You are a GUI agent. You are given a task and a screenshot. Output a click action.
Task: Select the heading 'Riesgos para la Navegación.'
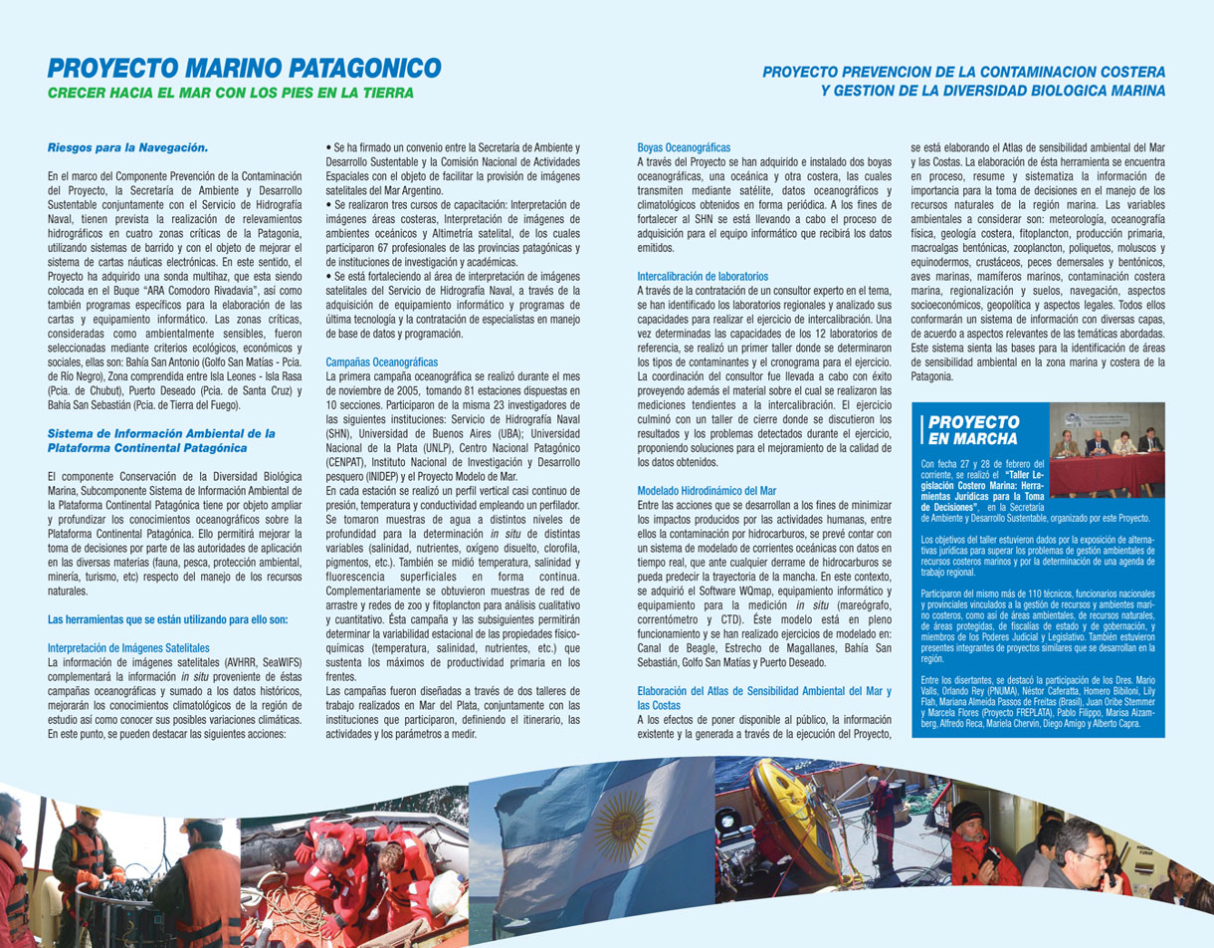point(128,148)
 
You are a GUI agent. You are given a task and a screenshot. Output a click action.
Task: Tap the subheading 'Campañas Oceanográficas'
point(381,361)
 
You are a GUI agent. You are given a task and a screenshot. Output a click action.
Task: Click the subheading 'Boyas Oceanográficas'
point(684,147)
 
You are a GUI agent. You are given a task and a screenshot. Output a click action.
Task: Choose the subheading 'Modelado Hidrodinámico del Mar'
point(707,490)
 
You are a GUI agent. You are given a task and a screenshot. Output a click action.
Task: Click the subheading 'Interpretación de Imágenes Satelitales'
point(128,647)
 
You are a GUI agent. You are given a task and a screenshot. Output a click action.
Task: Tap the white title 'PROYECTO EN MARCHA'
point(973,430)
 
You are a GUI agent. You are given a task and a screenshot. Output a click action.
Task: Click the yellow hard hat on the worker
point(90,812)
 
